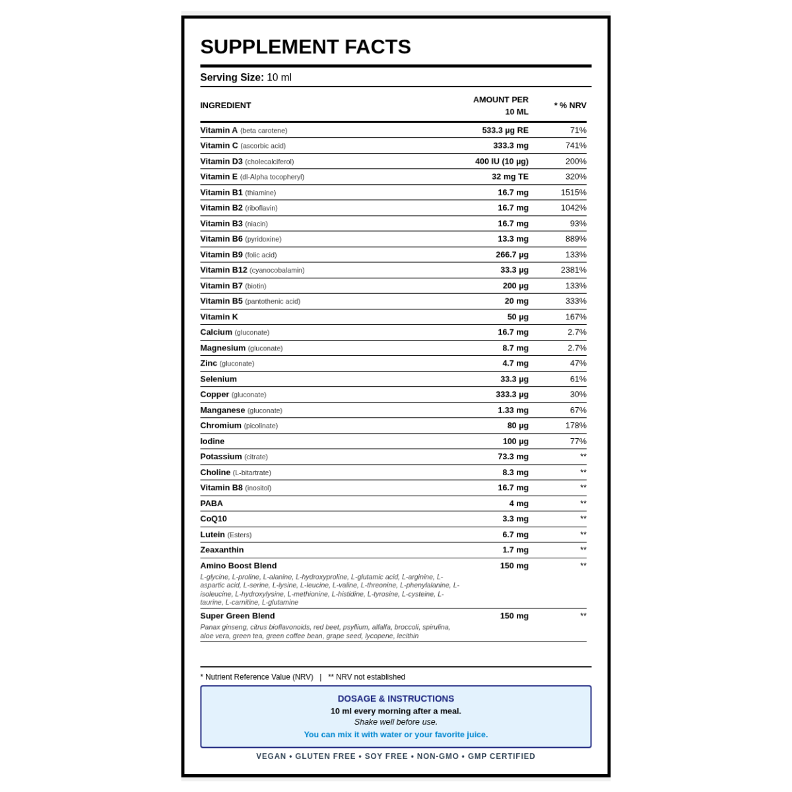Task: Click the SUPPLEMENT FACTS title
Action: point(306,47)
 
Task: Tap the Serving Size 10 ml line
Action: point(246,77)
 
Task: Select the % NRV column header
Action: point(570,106)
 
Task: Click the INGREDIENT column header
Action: point(226,106)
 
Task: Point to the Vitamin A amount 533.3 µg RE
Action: point(505,131)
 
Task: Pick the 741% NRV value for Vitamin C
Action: point(576,146)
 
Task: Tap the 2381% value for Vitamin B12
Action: point(574,270)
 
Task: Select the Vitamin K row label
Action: point(219,317)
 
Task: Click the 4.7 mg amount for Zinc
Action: point(515,364)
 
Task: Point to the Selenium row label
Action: point(218,379)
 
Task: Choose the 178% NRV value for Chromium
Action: point(576,426)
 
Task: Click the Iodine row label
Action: point(213,442)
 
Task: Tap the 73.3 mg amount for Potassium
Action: point(513,457)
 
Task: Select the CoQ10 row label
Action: point(214,519)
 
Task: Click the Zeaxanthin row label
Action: point(222,550)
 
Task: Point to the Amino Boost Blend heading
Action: point(238,566)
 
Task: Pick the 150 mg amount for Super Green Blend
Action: point(514,616)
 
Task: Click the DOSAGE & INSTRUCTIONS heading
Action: point(396,698)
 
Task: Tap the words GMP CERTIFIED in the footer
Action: point(502,756)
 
